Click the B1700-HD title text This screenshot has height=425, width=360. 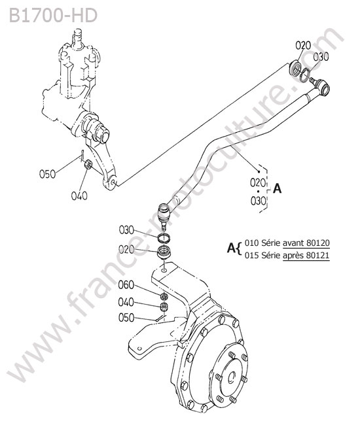(x=53, y=16)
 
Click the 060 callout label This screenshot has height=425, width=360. (x=126, y=285)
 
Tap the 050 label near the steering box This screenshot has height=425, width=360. (x=48, y=174)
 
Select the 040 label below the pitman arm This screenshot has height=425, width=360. (x=79, y=195)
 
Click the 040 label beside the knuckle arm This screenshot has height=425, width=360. (x=126, y=302)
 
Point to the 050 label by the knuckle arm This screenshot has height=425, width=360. (x=126, y=318)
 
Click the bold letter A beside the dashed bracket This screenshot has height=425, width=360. (x=277, y=188)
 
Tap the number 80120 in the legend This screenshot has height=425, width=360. (x=318, y=243)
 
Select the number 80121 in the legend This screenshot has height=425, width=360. (x=318, y=255)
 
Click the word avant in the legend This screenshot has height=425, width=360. (x=293, y=243)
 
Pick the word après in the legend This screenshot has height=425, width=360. (x=293, y=256)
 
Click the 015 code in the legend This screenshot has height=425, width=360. (x=252, y=255)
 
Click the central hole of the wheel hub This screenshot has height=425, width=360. (x=232, y=377)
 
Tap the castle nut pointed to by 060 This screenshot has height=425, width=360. (x=164, y=296)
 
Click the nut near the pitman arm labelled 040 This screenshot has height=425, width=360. (x=88, y=165)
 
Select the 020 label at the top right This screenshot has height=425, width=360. (x=303, y=45)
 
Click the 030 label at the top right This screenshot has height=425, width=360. (x=321, y=57)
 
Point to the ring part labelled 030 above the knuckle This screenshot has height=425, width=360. (x=164, y=238)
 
